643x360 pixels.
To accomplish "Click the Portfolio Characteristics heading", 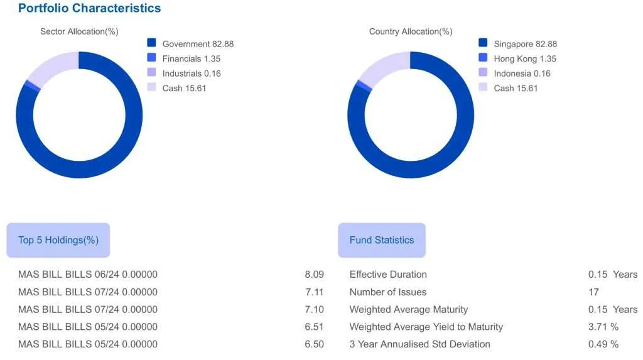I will pos(89,8).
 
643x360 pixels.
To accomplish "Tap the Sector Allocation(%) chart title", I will pos(79,31).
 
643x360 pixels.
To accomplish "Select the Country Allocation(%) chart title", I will pos(411,31).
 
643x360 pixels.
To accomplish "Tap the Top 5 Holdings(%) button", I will pos(58,240).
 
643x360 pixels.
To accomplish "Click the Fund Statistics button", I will pos(382,240).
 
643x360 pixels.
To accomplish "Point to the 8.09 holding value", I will pos(314,275).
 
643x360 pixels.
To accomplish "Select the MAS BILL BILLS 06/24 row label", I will pos(87,275).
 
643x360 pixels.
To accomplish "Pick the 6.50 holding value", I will pos(314,344).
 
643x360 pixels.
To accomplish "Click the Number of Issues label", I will pos(387,292).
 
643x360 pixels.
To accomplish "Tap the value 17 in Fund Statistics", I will pos(593,292).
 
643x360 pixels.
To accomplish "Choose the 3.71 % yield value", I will pos(603,327).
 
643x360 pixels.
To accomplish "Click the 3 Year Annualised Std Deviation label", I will pos(419,344).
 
